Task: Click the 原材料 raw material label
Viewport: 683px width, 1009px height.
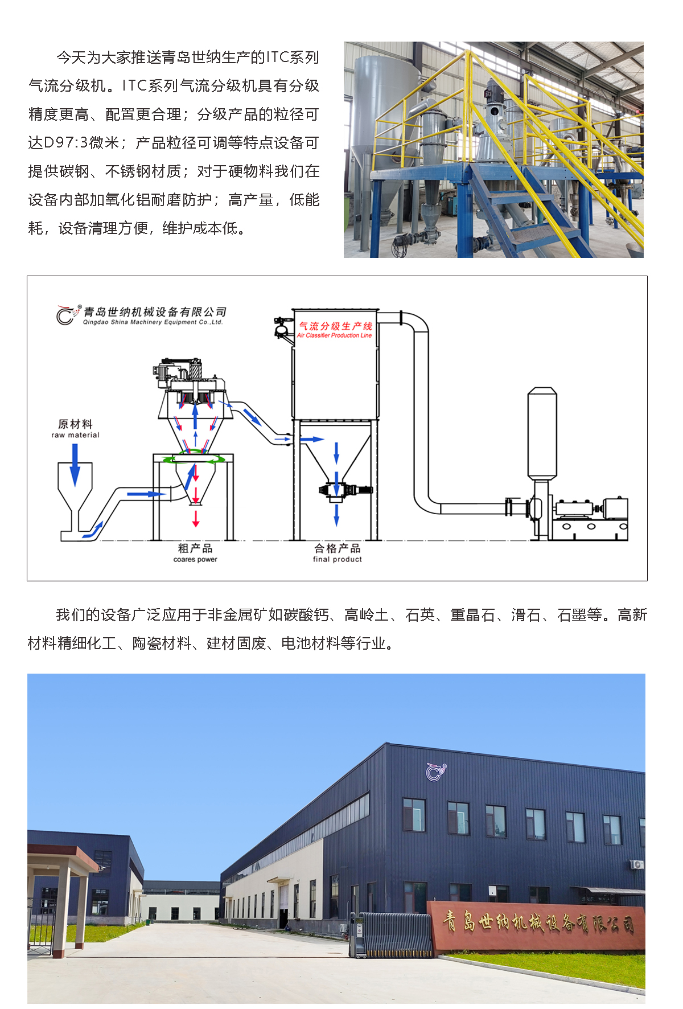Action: coord(75,429)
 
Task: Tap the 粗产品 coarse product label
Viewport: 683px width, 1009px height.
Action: coord(195,553)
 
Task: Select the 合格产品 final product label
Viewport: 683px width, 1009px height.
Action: coord(338,553)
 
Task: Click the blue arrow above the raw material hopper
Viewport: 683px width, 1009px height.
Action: coord(75,465)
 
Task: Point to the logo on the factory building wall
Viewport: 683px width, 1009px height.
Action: coord(437,771)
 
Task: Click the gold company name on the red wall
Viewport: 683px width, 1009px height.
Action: coord(538,922)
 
